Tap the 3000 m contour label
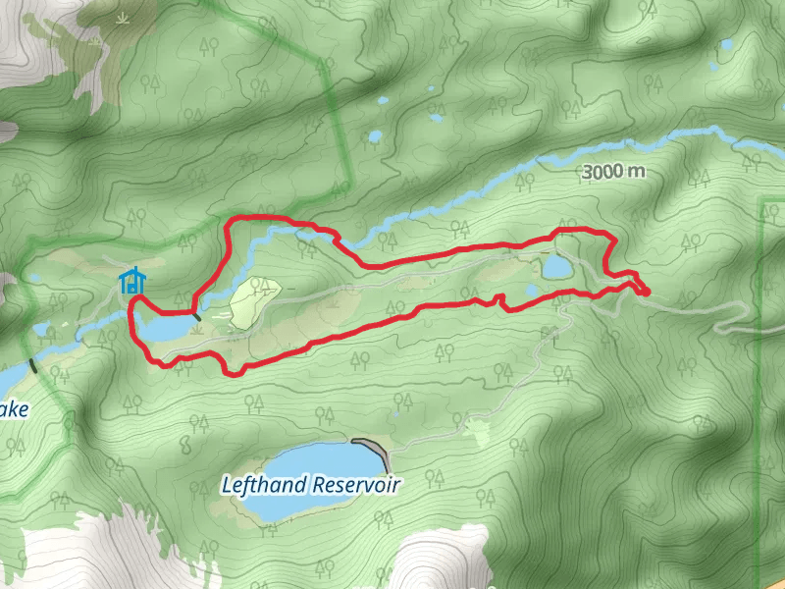pyautogui.click(x=614, y=172)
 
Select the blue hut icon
pyautogui.click(x=131, y=282)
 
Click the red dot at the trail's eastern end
pyautogui.click(x=645, y=291)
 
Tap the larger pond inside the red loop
pyautogui.click(x=556, y=266)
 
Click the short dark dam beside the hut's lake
pyautogui.click(x=197, y=316)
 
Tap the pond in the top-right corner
pyautogui.click(x=726, y=45)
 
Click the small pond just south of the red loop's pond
pyautogui.click(x=531, y=292)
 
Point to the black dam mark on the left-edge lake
pyautogui.click(x=33, y=366)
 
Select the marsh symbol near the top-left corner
pyautogui.click(x=122, y=20)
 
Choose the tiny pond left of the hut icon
pyautogui.click(x=35, y=279)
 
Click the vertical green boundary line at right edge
pyautogui.click(x=761, y=393)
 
